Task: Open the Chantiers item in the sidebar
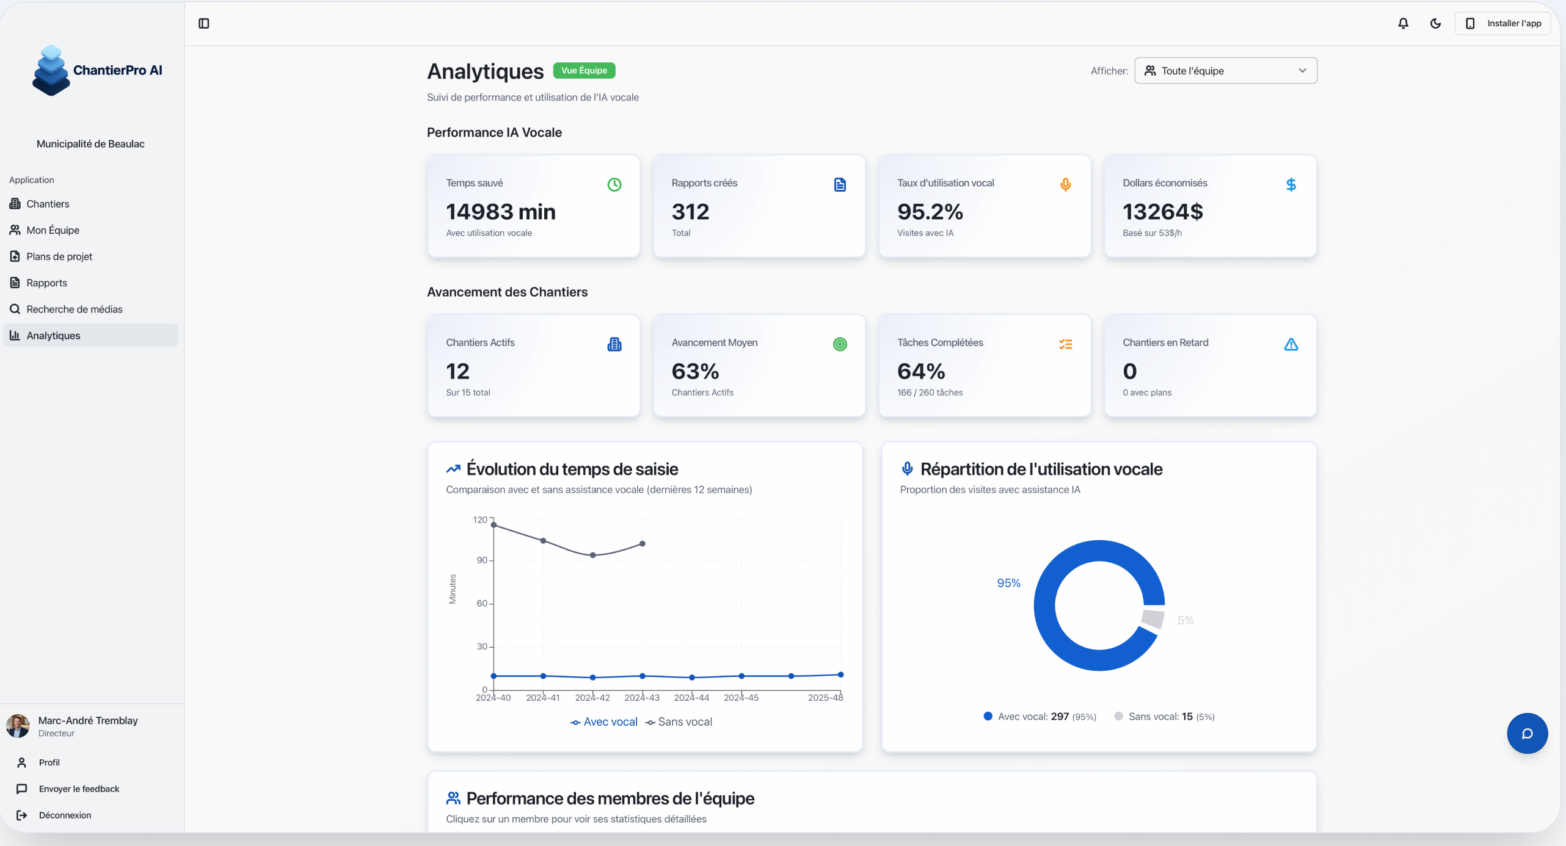point(48,204)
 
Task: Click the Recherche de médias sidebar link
point(74,309)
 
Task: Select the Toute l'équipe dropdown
point(1225,71)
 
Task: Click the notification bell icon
point(1403,23)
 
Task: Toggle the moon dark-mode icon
point(1435,23)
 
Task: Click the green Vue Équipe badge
point(584,70)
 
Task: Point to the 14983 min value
point(500,212)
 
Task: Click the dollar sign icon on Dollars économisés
point(1291,184)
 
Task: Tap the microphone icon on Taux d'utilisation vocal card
point(1065,184)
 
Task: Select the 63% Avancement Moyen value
point(695,371)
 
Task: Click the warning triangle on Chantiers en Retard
point(1291,344)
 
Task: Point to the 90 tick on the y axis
point(482,560)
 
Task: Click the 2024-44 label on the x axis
point(691,698)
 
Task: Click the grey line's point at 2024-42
point(592,555)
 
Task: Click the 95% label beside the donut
point(1008,583)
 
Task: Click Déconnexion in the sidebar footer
point(65,815)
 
